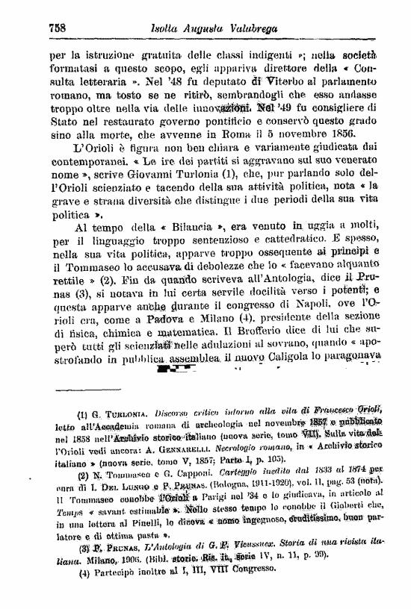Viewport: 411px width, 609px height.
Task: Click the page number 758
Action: (58, 27)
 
